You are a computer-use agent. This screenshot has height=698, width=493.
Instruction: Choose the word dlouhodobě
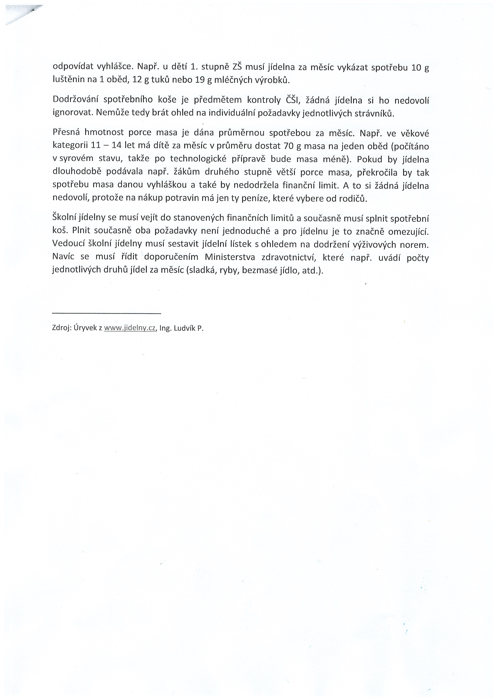pyautogui.click(x=77, y=172)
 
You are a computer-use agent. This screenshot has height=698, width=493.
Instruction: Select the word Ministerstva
pyautogui.click(x=230, y=257)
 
